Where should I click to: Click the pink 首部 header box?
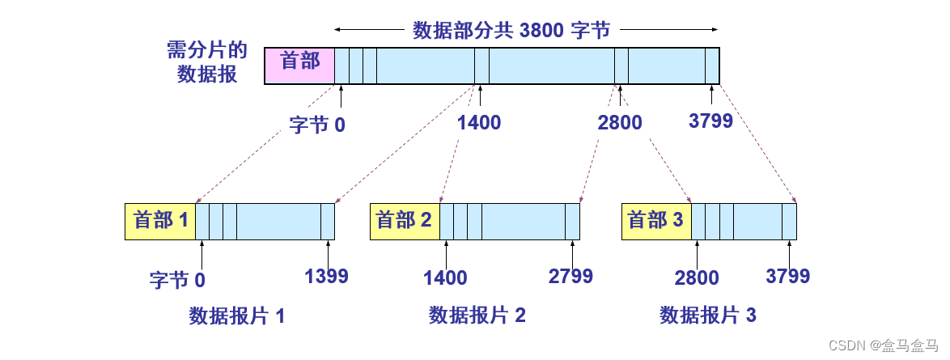pyautogui.click(x=299, y=66)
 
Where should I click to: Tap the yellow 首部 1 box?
pyautogui.click(x=160, y=221)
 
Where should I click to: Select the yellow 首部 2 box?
pyautogui.click(x=405, y=221)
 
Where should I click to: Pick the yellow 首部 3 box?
pyautogui.click(x=656, y=221)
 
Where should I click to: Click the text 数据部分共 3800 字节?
pyautogui.click(x=511, y=31)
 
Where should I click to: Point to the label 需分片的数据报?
pyautogui.click(x=206, y=62)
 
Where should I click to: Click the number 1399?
pyautogui.click(x=326, y=276)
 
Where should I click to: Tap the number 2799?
pyautogui.click(x=570, y=276)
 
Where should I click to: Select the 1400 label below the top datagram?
pyautogui.click(x=478, y=123)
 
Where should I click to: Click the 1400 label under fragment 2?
pyautogui.click(x=445, y=278)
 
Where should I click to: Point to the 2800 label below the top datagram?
pyautogui.click(x=620, y=123)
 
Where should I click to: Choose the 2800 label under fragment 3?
pyautogui.click(x=697, y=278)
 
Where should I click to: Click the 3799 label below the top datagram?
pyautogui.click(x=710, y=121)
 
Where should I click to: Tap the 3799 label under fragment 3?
pyautogui.click(x=787, y=276)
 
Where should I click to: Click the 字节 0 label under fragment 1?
pyautogui.click(x=177, y=280)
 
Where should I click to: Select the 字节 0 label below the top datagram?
pyautogui.click(x=317, y=125)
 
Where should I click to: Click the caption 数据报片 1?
pyautogui.click(x=237, y=316)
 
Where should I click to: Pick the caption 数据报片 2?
pyautogui.click(x=477, y=316)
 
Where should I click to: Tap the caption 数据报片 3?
pyautogui.click(x=708, y=316)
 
